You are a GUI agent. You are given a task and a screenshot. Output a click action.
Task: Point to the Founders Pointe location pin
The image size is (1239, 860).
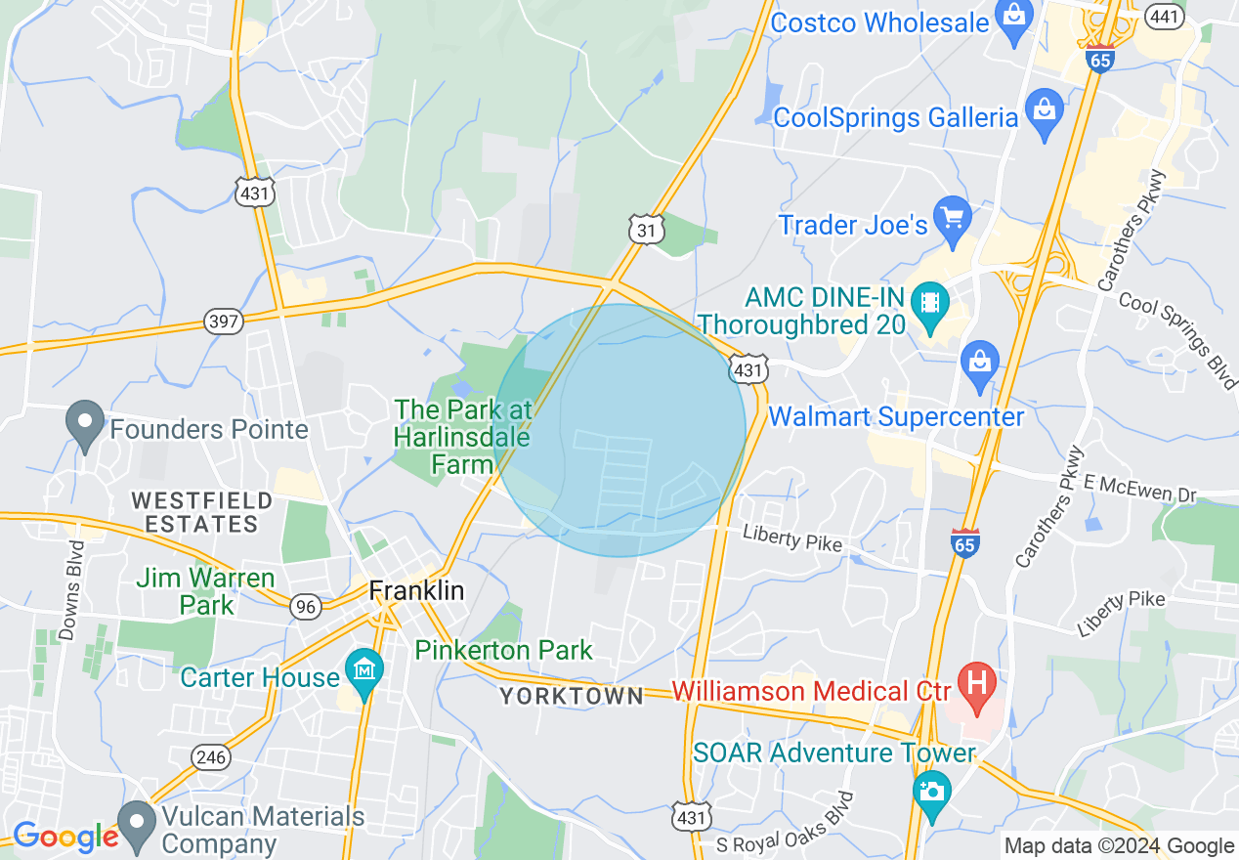(x=85, y=425)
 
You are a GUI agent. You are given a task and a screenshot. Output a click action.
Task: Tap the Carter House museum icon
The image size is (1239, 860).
(x=364, y=672)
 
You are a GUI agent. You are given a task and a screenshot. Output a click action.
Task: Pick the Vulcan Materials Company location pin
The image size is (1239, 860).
(x=137, y=823)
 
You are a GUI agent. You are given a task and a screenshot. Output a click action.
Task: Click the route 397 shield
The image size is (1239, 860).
(x=224, y=322)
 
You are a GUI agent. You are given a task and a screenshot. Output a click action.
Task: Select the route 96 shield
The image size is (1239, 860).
(x=306, y=607)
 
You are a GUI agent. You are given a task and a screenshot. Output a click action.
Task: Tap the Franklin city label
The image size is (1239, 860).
(x=416, y=591)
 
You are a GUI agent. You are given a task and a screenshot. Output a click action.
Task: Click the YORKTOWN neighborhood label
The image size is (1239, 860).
(x=572, y=696)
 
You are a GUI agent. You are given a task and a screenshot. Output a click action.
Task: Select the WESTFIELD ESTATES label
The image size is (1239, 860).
(x=202, y=512)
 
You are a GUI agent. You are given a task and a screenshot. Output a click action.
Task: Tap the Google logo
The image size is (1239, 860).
(x=65, y=838)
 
